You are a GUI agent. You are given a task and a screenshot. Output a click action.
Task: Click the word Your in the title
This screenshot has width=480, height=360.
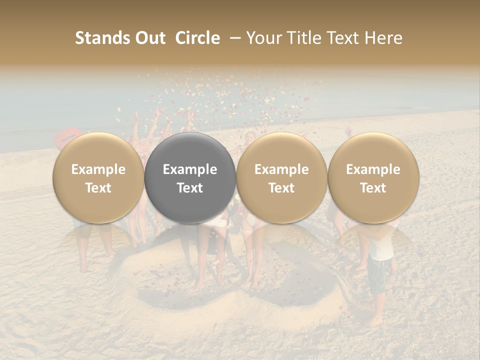tap(263, 38)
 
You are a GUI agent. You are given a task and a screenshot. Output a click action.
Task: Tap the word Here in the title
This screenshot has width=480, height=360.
tap(384, 38)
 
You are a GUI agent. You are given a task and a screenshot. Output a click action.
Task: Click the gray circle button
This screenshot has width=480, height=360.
tap(189, 178)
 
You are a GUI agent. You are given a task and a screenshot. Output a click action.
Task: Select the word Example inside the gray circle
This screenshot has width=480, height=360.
tap(189, 169)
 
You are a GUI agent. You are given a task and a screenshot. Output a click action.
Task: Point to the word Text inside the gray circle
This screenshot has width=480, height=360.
tap(189, 188)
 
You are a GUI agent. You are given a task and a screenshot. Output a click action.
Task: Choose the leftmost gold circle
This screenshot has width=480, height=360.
tap(98, 178)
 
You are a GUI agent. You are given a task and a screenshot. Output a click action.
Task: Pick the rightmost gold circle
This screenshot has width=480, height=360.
tap(373, 178)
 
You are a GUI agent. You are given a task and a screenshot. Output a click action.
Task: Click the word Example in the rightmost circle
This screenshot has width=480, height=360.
tap(373, 169)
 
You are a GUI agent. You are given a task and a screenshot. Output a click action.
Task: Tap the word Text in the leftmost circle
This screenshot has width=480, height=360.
tap(98, 188)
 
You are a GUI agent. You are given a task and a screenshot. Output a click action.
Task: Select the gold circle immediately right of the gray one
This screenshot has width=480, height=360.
tap(281, 178)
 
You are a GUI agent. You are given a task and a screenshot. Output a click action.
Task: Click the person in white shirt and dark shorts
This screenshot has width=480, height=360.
tap(381, 265)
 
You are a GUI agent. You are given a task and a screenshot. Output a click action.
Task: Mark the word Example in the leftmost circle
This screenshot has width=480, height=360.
tap(98, 169)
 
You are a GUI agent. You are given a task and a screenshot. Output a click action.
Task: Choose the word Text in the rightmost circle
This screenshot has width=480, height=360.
tap(373, 188)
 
